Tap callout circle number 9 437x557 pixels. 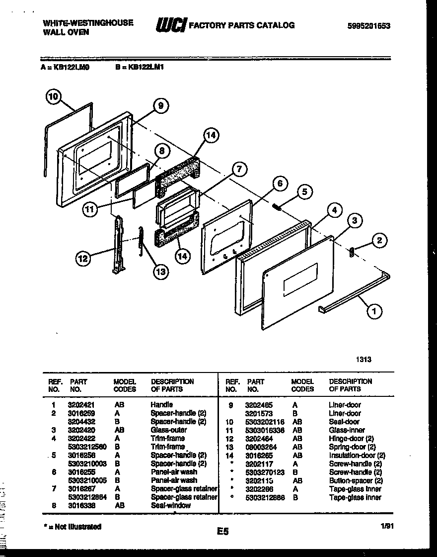(x=160, y=105)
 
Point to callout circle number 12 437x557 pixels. (x=84, y=258)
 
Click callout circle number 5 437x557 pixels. (x=305, y=191)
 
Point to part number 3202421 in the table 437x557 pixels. (x=78, y=405)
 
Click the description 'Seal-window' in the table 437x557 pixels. (x=170, y=505)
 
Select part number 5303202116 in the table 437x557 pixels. (x=265, y=422)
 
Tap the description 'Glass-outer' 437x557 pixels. (x=169, y=430)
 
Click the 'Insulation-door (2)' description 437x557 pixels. (x=357, y=455)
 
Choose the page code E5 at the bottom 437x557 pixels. (x=222, y=532)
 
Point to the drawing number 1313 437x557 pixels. (x=364, y=359)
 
